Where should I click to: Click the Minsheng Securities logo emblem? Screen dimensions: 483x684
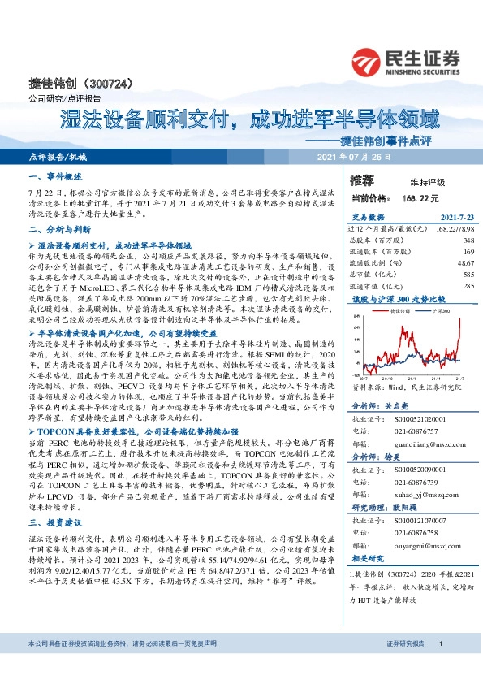367,60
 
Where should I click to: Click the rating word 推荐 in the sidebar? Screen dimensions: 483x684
361,179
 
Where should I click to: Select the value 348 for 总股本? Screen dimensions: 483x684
468,240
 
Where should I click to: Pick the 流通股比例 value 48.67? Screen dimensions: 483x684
465,263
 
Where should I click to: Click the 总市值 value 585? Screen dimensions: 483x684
468,275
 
